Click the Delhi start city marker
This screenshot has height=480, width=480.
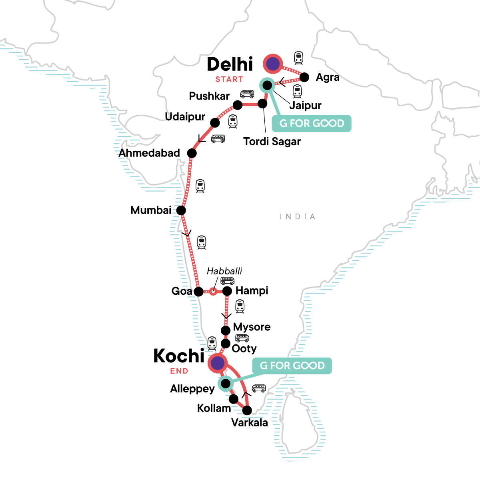click(x=273, y=64)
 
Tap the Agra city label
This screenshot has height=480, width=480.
click(x=328, y=77)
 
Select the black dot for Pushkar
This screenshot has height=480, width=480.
click(x=238, y=105)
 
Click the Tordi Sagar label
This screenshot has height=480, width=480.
click(x=272, y=142)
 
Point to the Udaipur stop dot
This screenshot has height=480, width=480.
click(x=215, y=122)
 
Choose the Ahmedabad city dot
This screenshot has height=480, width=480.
click(x=192, y=153)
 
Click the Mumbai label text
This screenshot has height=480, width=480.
click(x=151, y=210)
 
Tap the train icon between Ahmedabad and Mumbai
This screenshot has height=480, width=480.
click(x=200, y=186)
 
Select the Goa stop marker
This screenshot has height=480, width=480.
click(x=198, y=292)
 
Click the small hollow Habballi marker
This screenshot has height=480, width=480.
click(x=213, y=292)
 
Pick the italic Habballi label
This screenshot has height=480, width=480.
click(x=224, y=271)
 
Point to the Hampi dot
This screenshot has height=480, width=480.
click(x=227, y=291)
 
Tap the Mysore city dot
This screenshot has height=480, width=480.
click(x=226, y=330)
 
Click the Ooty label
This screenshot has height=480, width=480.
click(x=244, y=349)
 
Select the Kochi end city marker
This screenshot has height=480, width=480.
click(x=217, y=363)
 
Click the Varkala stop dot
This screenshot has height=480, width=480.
click(x=247, y=410)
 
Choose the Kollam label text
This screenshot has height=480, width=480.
click(x=214, y=408)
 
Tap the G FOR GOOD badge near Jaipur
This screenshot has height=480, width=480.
click(x=312, y=123)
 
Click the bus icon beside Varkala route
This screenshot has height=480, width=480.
click(x=259, y=388)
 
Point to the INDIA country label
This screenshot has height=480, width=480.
click(x=298, y=217)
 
